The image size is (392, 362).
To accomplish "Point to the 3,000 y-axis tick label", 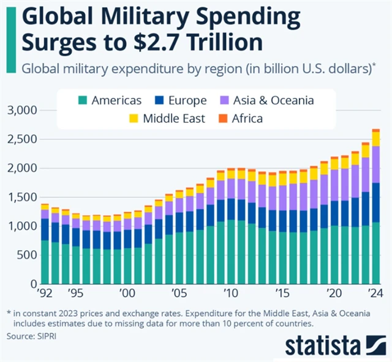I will coord(21,111).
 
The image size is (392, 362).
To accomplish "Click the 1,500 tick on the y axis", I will coord(21,198).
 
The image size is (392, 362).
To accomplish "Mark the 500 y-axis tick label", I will coord(26,256).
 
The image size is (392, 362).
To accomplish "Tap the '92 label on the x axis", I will coord(45,292).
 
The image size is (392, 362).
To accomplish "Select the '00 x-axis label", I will coord(128,292).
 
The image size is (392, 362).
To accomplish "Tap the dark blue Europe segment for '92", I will coord(45,229).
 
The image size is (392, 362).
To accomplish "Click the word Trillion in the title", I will coord(221,43).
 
